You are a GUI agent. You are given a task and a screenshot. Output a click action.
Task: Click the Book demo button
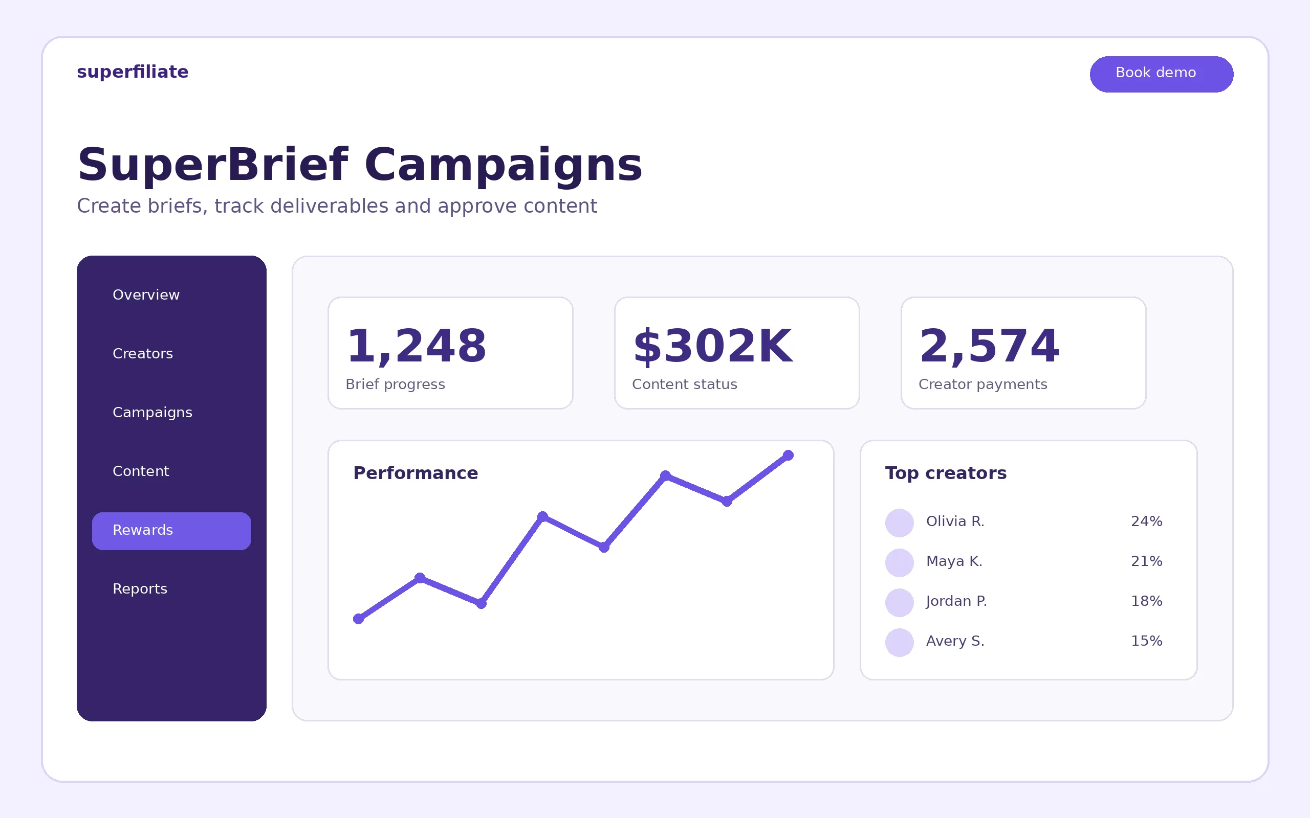pyautogui.click(x=1161, y=74)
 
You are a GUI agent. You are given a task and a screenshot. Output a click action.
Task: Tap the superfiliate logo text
pyautogui.click(x=133, y=72)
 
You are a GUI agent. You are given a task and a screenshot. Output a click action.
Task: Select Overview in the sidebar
pyautogui.click(x=146, y=295)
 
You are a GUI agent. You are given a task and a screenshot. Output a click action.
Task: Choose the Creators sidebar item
pyautogui.click(x=143, y=354)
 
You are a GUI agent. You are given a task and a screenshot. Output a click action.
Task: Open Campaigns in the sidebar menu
pyautogui.click(x=152, y=413)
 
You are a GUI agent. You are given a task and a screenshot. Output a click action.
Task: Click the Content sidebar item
pyautogui.click(x=141, y=471)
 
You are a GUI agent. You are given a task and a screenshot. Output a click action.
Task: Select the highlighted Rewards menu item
pyautogui.click(x=171, y=531)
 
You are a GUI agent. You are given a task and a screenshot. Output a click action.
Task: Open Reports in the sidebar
pyautogui.click(x=140, y=589)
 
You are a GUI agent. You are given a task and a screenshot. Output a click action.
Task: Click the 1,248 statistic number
pyautogui.click(x=416, y=346)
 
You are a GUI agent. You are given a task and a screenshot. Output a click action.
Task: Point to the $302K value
pyautogui.click(x=712, y=346)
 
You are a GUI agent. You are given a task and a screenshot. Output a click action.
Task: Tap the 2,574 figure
pyautogui.click(x=989, y=346)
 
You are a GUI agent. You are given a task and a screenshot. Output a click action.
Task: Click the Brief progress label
pyautogui.click(x=395, y=384)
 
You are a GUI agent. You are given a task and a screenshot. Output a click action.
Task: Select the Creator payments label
pyautogui.click(x=983, y=384)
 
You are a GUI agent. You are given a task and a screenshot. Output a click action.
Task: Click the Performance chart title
pyautogui.click(x=416, y=473)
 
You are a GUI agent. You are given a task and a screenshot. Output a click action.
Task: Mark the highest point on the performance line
pyautogui.click(x=788, y=456)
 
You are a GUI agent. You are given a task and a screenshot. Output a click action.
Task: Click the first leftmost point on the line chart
pyautogui.click(x=358, y=619)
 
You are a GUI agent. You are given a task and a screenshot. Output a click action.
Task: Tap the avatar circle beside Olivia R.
pyautogui.click(x=900, y=522)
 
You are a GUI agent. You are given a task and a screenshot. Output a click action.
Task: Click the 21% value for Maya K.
pyautogui.click(x=1147, y=561)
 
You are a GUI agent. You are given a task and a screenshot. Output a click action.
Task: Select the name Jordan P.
pyautogui.click(x=956, y=602)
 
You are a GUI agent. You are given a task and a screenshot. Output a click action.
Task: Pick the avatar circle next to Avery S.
pyautogui.click(x=900, y=642)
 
